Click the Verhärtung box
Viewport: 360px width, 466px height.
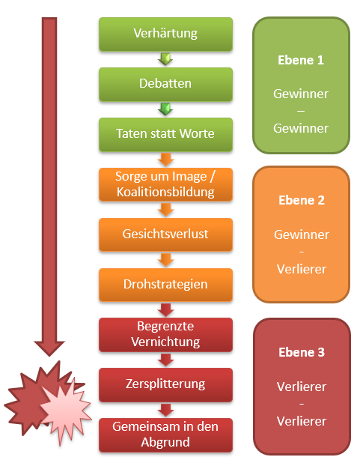[x=165, y=34]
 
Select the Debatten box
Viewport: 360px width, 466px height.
[x=165, y=84]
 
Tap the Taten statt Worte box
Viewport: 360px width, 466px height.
[x=165, y=134]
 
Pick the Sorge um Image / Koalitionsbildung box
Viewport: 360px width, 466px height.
[x=165, y=184]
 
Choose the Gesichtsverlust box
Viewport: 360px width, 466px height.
[x=165, y=234]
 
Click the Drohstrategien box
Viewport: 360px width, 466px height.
[x=165, y=285]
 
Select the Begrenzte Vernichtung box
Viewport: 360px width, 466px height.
[x=165, y=335]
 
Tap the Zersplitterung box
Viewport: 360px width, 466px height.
[x=165, y=385]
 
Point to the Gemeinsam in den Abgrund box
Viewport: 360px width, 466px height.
[x=165, y=435]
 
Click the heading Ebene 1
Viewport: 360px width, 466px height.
[x=301, y=61]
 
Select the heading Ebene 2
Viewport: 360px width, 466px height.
[x=302, y=200]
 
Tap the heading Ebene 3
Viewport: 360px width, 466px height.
[x=302, y=352]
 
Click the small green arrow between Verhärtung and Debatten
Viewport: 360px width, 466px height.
[x=165, y=59]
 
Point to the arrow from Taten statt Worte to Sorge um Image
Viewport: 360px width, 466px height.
[x=165, y=160]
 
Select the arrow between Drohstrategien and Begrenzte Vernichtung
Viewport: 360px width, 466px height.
[x=165, y=310]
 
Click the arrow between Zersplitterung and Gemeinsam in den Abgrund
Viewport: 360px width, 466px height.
[x=165, y=410]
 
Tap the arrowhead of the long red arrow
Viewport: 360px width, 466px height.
[x=49, y=348]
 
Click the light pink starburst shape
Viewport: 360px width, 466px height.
[x=65, y=411]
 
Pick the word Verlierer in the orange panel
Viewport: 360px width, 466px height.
[x=302, y=269]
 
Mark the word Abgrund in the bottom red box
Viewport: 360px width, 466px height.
[x=165, y=442]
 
